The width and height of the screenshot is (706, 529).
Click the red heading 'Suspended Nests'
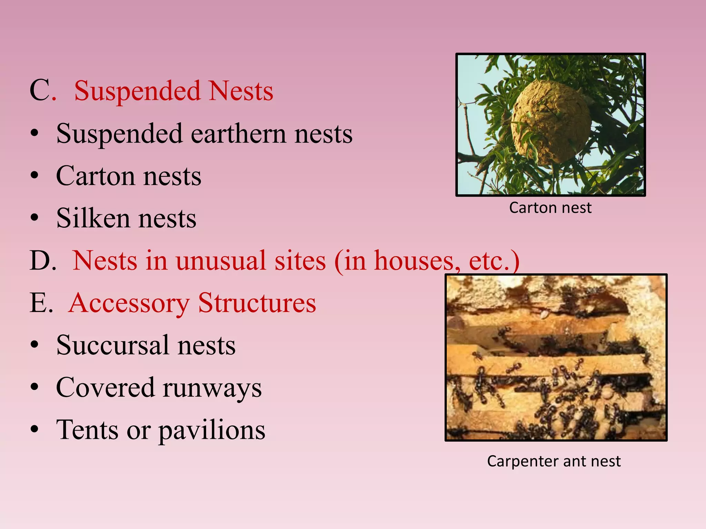pyautogui.click(x=174, y=91)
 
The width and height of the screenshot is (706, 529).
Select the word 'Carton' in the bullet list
pyautogui.click(x=95, y=176)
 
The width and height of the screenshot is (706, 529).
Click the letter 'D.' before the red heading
pyautogui.click(x=43, y=261)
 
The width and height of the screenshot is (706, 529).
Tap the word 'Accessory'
pyautogui.click(x=129, y=303)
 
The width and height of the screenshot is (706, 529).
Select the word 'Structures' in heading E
pyautogui.click(x=257, y=303)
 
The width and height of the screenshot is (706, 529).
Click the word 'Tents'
pyautogui.click(x=88, y=430)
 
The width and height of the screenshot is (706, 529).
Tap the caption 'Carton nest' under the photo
pyautogui.click(x=550, y=208)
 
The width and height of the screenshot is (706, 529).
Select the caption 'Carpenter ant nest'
pyautogui.click(x=554, y=461)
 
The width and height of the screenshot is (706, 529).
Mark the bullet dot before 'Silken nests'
pyautogui.click(x=34, y=218)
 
